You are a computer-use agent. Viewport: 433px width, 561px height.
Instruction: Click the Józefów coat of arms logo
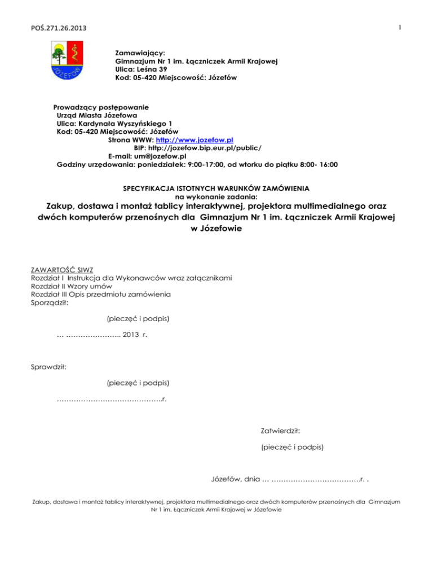coord(68,63)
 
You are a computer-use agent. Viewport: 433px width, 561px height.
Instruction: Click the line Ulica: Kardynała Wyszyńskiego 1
coord(114,123)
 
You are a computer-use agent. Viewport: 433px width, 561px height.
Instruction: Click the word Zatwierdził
coord(280,431)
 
